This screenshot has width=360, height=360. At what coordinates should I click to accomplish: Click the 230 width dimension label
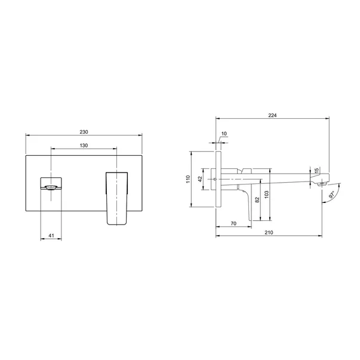point(84,131)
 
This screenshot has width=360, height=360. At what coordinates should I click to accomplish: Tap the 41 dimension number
point(51,236)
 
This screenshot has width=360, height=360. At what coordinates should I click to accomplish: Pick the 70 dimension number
point(233,223)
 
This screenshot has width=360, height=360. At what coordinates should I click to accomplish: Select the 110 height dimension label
point(187,179)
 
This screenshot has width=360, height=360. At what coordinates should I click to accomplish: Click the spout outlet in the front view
point(51,187)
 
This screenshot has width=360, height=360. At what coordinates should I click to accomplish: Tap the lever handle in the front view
point(117,198)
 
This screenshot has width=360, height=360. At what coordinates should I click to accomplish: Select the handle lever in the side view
point(246,200)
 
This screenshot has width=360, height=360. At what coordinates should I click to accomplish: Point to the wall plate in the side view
point(220,179)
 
